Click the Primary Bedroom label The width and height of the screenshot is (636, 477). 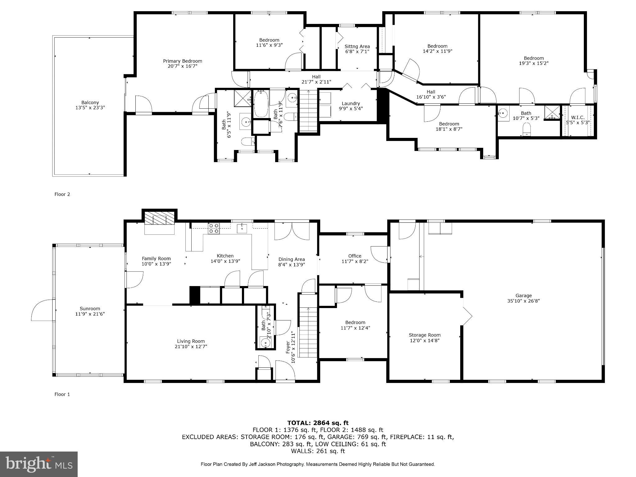pos(183,61)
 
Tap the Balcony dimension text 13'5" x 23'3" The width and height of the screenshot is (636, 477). pos(90,108)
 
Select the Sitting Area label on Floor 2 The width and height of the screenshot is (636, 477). pos(357,47)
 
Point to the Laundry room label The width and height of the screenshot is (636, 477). pos(351,103)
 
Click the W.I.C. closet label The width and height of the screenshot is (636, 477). pos(578,118)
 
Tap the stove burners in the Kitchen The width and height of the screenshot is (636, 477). pos(214,228)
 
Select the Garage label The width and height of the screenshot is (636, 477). pos(524,296)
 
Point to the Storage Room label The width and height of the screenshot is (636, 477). pos(425,335)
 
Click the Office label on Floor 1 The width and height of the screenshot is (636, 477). pos(355,256)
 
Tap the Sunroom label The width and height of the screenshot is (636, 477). pos(90,308)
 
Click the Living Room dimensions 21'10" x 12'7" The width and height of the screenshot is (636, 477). pos(191,347)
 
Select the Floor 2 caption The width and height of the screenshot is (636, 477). pos(62,194)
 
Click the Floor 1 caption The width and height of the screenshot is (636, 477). pos(62,394)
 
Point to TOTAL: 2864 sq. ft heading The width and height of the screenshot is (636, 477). pos(318,423)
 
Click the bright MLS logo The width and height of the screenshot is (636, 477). pos(39,464)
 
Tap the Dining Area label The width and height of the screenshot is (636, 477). pos(291,259)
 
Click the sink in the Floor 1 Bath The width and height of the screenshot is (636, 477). pos(266,343)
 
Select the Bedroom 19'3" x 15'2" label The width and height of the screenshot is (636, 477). pos(534,58)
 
